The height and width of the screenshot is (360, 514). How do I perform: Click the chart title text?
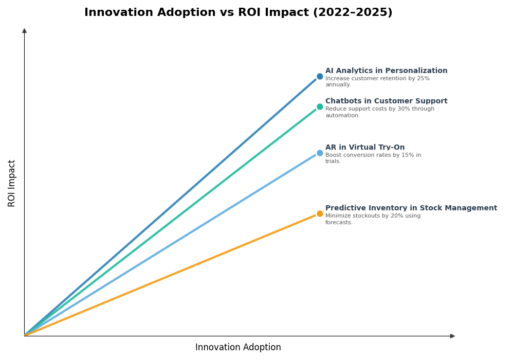(238, 13)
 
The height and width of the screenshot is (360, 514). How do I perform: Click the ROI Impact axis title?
(12, 183)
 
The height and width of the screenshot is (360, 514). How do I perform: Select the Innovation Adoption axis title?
(238, 348)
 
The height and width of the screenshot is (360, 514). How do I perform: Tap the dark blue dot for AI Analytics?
(320, 77)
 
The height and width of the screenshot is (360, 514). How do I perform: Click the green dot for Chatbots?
(320, 107)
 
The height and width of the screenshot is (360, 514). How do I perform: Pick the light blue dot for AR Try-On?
(320, 153)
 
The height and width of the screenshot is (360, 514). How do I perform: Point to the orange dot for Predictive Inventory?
(320, 214)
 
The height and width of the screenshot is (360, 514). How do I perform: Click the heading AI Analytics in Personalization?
(386, 71)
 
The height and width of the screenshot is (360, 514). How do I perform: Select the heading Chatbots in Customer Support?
(386, 101)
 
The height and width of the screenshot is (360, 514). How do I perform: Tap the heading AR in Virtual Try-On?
(365, 148)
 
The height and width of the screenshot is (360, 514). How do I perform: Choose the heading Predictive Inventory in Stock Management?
(411, 208)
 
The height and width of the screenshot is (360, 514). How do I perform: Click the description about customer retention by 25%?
(377, 82)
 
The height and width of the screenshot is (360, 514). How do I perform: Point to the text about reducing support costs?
(379, 112)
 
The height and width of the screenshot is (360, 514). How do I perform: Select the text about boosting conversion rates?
(373, 158)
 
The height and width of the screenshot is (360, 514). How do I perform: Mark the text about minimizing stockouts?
(373, 219)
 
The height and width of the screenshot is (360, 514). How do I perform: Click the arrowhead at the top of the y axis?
(24, 31)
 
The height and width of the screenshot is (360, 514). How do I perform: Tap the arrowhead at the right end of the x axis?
(452, 336)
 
